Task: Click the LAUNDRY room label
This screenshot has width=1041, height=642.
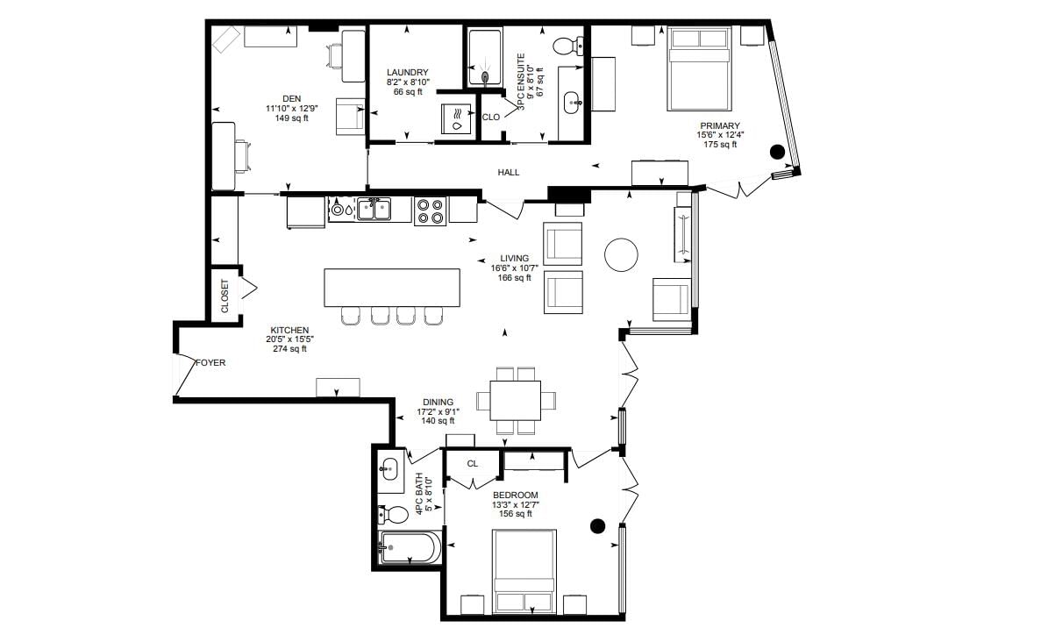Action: coord(408,73)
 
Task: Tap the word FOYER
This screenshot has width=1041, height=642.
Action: coord(210,363)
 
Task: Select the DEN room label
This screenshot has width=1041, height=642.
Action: coord(291,99)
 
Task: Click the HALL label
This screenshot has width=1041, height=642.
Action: coord(509,173)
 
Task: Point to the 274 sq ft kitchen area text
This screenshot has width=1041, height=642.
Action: coord(290,348)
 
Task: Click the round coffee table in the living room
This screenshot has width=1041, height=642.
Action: coord(622,254)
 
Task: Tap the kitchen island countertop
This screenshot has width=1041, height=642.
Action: coord(392,288)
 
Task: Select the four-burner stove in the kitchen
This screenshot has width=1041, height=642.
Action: coord(430,211)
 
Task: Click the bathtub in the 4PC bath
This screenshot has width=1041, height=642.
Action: coord(409,548)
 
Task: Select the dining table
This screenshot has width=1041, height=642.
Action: coord(515,400)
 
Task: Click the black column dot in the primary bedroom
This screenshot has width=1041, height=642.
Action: coord(777,152)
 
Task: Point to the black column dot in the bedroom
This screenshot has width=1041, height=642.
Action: coord(598,526)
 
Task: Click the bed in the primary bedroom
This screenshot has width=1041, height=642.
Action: coord(699,68)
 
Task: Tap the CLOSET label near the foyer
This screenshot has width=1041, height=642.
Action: coord(225,296)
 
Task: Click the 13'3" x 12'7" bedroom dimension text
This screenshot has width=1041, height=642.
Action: coord(515,504)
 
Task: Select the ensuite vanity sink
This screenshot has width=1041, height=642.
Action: coord(573,103)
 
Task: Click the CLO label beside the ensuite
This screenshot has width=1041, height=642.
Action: coord(490,118)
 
